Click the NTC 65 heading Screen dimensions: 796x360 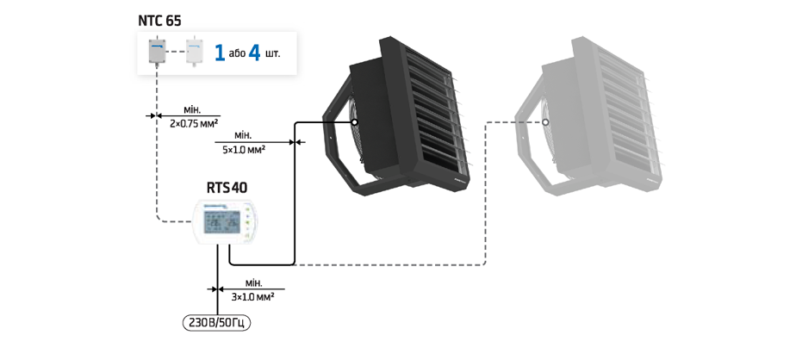(x=159, y=21)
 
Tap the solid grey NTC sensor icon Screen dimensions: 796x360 (x=157, y=52)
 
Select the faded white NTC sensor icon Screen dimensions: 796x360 (x=195, y=52)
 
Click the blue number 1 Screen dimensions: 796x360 (x=220, y=53)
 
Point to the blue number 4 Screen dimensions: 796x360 (x=254, y=53)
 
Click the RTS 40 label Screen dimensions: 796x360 (x=227, y=188)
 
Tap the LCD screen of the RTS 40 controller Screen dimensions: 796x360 (x=222, y=221)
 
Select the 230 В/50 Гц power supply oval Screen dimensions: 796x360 (x=217, y=323)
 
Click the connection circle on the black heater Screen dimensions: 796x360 (x=354, y=122)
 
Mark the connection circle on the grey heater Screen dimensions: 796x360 (x=545, y=122)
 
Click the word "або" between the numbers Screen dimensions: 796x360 (x=237, y=53)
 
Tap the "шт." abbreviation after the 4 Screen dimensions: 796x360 (x=272, y=53)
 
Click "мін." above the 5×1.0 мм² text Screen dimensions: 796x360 (x=243, y=136)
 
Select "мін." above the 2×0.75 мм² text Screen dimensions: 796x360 (x=192, y=109)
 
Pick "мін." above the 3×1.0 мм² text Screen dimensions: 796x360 (x=253, y=283)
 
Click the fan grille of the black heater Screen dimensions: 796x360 (x=357, y=137)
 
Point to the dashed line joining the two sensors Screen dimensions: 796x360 (x=176, y=52)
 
